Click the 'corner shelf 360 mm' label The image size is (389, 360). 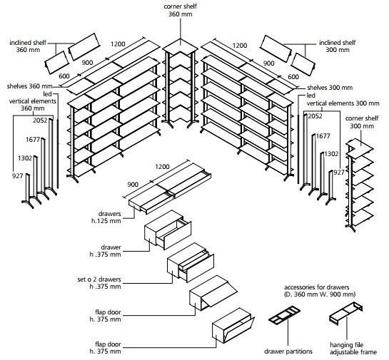(181, 11)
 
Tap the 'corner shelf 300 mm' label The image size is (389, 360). (362, 122)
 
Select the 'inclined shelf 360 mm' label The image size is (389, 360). (28, 46)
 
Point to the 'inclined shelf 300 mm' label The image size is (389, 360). (338, 46)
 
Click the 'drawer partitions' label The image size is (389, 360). (288, 351)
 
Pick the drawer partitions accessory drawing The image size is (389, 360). (285, 316)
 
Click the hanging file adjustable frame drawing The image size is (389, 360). (346, 314)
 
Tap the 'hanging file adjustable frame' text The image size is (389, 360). (353, 349)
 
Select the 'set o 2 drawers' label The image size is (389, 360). (99, 279)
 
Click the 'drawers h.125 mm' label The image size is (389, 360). (106, 217)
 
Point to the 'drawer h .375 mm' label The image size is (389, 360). (106, 251)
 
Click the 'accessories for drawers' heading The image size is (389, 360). (317, 287)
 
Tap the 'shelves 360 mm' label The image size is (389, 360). (30, 86)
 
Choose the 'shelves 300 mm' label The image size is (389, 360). (330, 88)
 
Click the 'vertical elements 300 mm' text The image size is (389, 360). (343, 103)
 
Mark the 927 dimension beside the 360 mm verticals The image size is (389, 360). (17, 176)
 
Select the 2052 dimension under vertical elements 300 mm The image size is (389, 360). (315, 116)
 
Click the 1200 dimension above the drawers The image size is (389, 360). (162, 167)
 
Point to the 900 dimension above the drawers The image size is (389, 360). (133, 185)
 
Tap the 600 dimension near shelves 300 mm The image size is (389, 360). (293, 77)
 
